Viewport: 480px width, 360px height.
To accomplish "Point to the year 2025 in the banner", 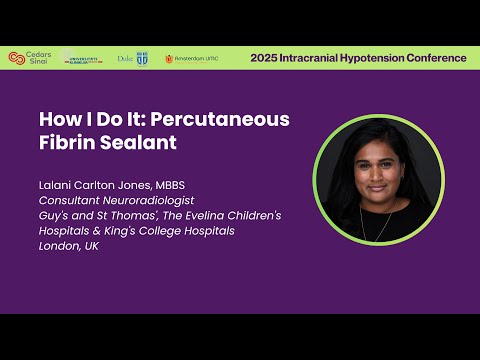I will coord(264,58).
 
